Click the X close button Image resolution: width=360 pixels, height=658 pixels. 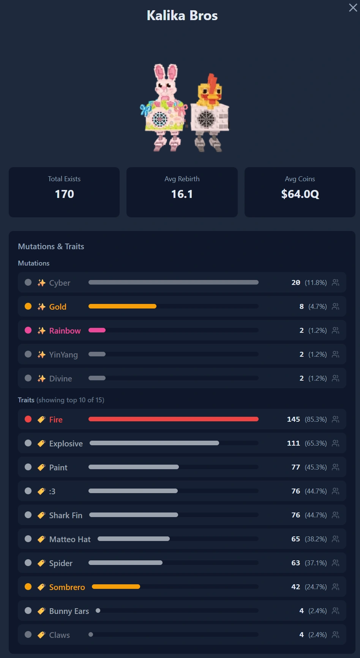(x=353, y=8)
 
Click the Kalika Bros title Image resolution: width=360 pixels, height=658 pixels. (x=182, y=16)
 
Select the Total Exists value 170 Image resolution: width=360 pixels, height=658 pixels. (x=65, y=194)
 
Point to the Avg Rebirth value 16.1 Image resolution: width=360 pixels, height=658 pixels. (x=182, y=194)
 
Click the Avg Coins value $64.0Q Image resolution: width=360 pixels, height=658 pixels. (x=300, y=194)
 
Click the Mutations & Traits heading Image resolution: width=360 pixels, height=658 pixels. (x=51, y=247)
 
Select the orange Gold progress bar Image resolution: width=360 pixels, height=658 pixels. (x=122, y=306)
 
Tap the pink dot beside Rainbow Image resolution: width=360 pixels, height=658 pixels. (x=28, y=330)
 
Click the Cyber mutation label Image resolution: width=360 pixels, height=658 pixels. (x=60, y=283)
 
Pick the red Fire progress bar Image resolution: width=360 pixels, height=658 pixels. (x=174, y=419)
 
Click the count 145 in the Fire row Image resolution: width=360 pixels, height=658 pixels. (x=294, y=419)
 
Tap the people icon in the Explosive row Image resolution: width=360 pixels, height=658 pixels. (x=335, y=443)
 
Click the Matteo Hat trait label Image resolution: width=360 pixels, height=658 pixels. (x=70, y=539)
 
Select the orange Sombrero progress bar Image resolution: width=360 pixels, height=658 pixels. (x=116, y=587)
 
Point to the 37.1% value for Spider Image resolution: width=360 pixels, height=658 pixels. (x=316, y=563)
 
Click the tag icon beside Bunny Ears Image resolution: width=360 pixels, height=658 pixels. (x=41, y=611)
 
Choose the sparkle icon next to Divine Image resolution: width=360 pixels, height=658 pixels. (x=41, y=378)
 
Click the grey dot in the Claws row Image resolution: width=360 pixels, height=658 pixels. (x=28, y=634)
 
